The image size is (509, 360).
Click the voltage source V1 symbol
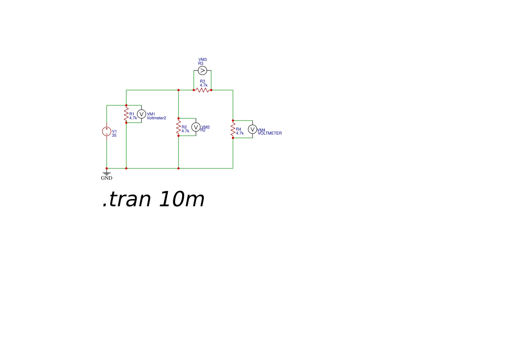107,131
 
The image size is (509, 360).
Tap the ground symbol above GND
107,174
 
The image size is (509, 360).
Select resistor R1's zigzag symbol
126,114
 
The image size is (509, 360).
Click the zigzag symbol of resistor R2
179,127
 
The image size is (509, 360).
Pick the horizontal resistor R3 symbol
202,90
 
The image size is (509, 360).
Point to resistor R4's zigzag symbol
233,129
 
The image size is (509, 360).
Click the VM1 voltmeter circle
142,114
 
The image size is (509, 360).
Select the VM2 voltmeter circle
196,127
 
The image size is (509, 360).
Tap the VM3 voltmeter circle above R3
202,71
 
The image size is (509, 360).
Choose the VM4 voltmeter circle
253,129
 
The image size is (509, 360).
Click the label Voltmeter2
156,118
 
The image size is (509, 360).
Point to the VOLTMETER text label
270,133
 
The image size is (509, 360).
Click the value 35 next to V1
114,135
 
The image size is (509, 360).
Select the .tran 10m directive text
153,199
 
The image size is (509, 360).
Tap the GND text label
107,178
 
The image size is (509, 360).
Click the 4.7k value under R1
133,118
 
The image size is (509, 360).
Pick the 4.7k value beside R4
240,133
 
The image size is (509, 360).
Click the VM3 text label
202,60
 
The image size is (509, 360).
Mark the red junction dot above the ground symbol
107,168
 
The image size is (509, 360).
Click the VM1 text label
151,114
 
